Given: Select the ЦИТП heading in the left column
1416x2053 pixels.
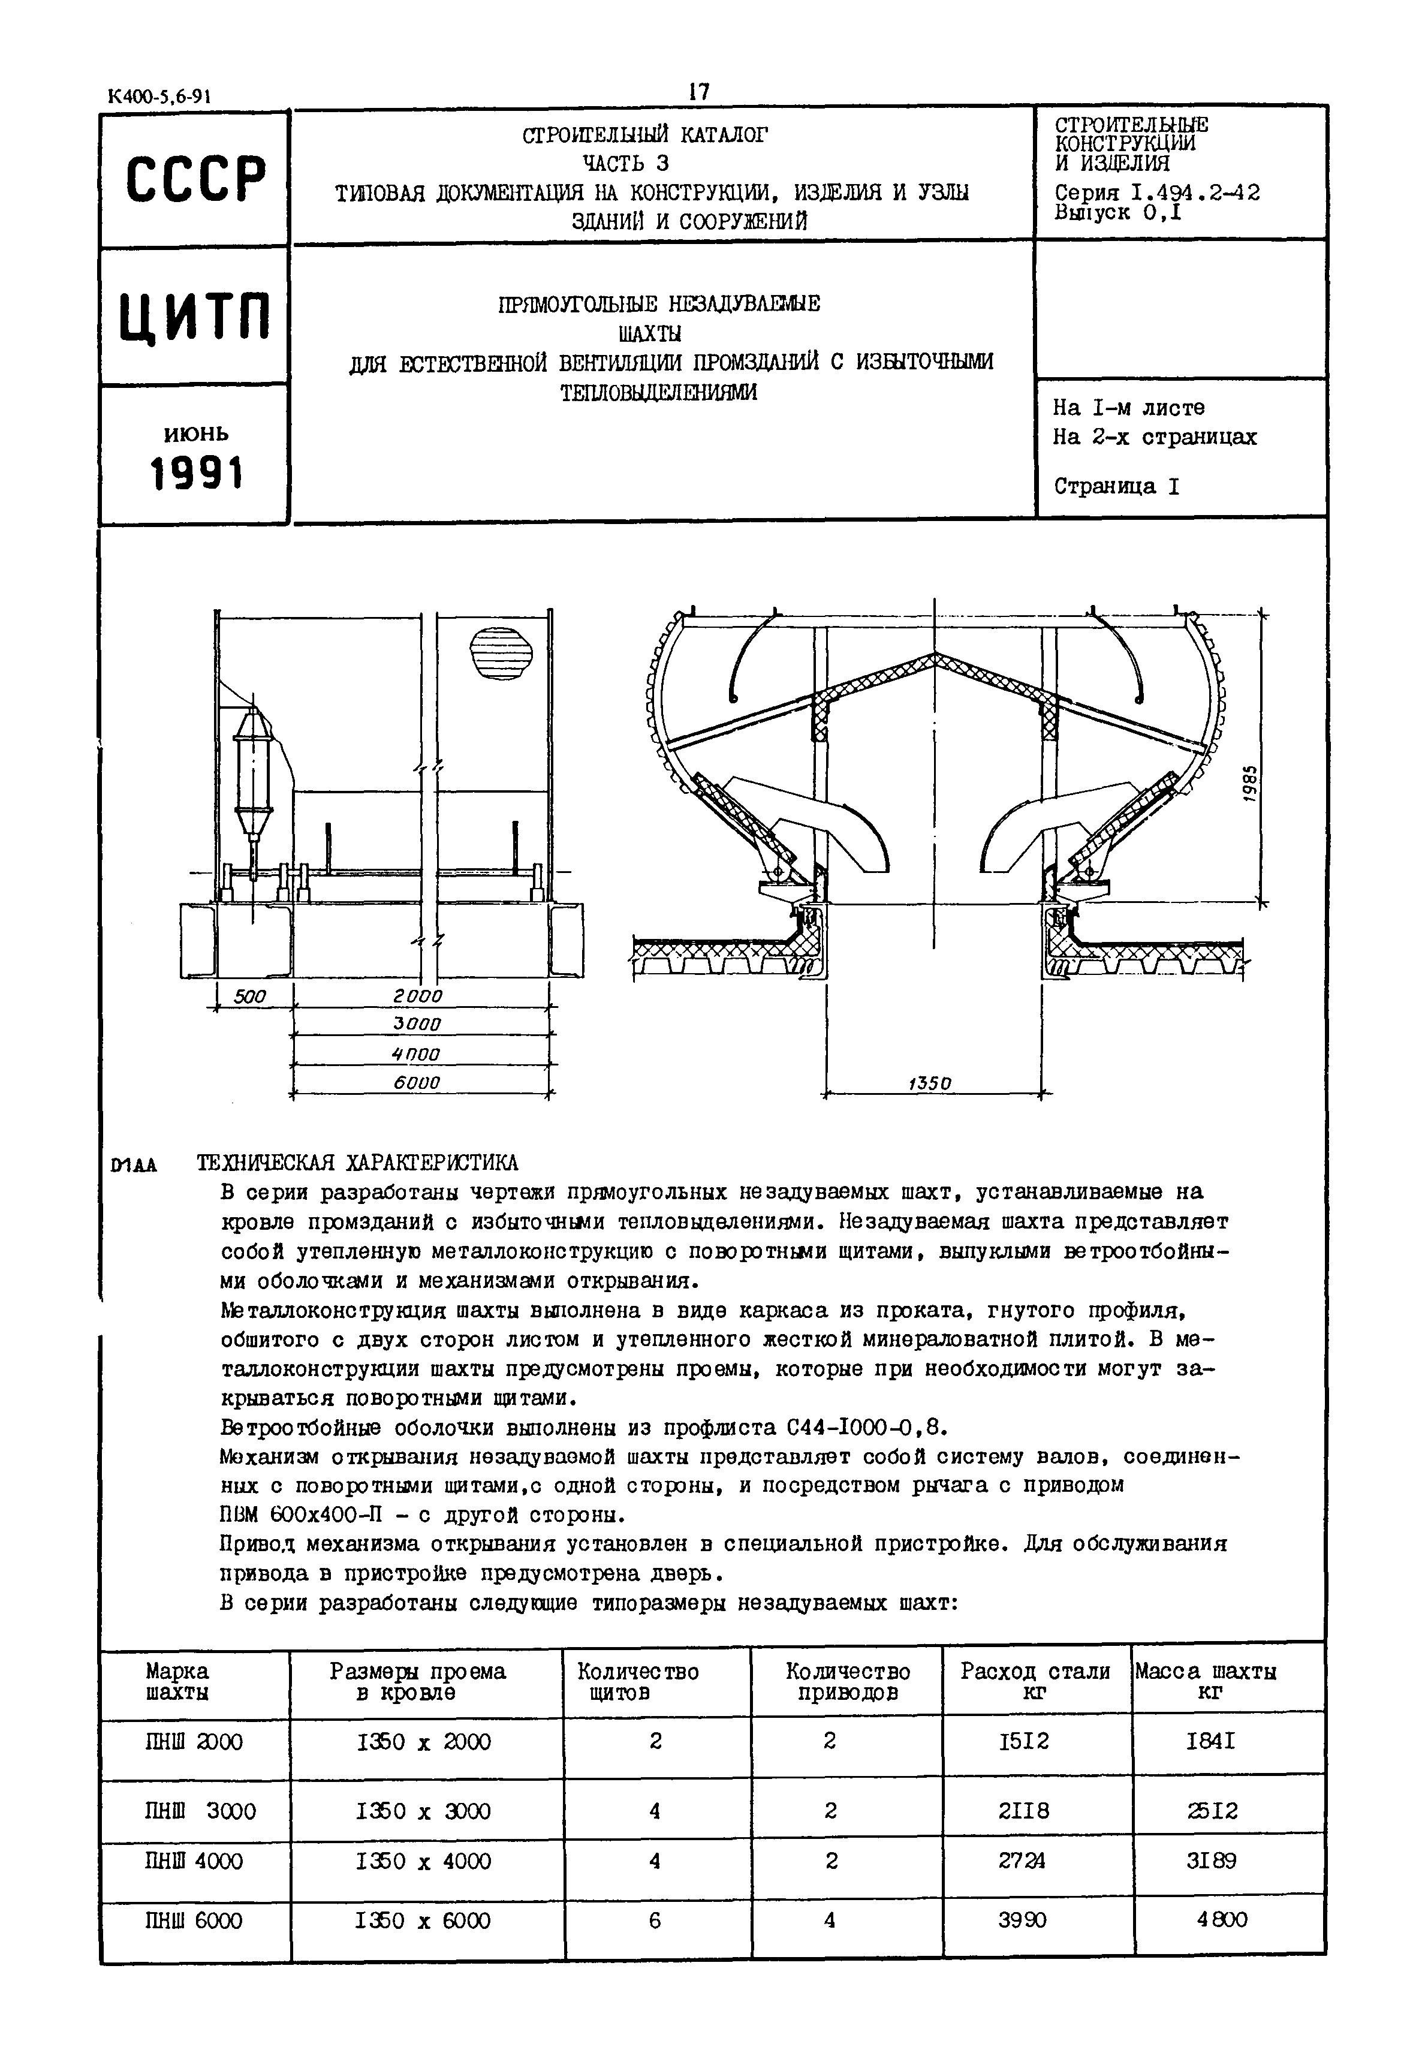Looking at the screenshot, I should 195,317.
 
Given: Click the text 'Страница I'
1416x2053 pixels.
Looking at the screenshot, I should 1116,486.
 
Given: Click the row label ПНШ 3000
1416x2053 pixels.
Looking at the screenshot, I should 200,1811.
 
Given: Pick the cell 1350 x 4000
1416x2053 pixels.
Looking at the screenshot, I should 423,1861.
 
